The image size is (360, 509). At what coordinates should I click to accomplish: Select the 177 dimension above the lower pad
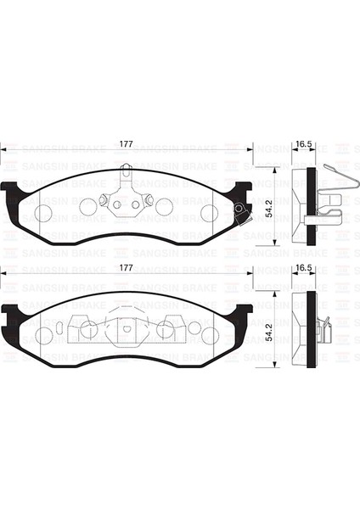(x=126, y=268)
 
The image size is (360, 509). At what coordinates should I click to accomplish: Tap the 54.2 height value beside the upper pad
(x=267, y=206)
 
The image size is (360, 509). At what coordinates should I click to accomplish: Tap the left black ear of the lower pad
(x=10, y=318)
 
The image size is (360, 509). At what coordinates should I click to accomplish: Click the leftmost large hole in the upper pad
(x=46, y=212)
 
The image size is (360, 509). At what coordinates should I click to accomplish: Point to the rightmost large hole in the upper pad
(x=207, y=212)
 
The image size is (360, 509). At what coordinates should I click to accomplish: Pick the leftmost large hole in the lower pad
(x=46, y=334)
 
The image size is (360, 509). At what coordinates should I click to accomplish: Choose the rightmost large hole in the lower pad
(x=207, y=334)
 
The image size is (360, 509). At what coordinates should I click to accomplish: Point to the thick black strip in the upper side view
(x=311, y=204)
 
